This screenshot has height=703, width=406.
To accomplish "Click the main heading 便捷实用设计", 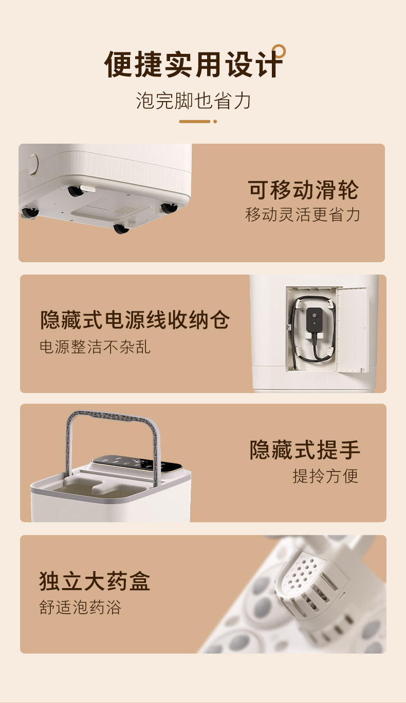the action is (193, 64).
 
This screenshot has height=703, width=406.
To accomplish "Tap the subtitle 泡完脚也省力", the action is (193, 101).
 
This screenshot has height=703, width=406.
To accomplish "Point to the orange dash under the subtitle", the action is (195, 122).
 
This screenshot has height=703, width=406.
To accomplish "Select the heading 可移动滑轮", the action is (303, 190).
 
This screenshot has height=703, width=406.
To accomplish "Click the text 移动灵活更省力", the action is (302, 214).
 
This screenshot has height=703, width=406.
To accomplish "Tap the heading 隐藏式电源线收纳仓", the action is (135, 320).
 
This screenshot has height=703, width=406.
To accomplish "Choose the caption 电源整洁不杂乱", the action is (95, 347).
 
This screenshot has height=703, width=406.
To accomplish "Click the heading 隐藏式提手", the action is (305, 450).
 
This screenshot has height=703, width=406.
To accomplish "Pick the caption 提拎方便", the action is (325, 476).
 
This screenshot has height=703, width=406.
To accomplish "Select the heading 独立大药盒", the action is (95, 581).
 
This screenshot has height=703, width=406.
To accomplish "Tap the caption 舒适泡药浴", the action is (80, 607).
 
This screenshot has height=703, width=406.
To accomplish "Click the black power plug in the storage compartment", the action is (314, 320).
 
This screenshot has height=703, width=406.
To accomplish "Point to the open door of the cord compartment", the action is (352, 329).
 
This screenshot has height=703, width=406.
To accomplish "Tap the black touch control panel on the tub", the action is (137, 464).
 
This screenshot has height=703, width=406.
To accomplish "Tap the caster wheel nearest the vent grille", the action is (121, 229).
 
